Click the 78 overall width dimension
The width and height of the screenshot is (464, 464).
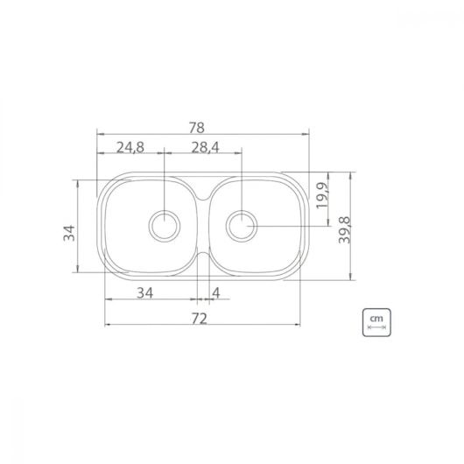pos(196,128)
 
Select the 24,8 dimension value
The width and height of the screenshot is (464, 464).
pos(130,147)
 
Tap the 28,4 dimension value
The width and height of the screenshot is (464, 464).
pos(206,147)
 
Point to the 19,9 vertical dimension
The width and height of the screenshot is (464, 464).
pos(322,195)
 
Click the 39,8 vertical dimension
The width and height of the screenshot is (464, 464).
pos(344,230)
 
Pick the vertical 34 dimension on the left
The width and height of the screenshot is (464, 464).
pos(69,233)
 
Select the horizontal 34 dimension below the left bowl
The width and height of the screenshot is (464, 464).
pos(145,293)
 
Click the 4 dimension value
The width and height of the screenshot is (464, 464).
pos(216,293)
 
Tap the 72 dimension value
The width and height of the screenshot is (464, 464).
pos(199,319)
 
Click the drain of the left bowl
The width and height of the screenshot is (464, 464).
pos(165,226)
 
